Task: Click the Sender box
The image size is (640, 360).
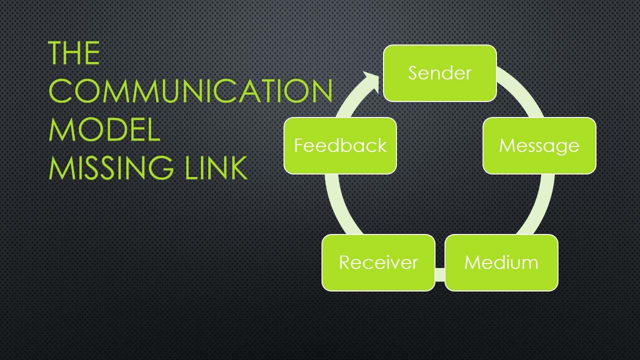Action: tap(439, 73)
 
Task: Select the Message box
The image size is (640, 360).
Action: tap(539, 145)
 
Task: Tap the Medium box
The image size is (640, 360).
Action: tap(501, 262)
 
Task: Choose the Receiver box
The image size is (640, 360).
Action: tap(378, 262)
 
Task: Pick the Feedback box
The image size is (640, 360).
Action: tap(340, 145)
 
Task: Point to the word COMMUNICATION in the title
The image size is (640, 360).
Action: tap(190, 91)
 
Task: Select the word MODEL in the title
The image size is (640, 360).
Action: tap(104, 129)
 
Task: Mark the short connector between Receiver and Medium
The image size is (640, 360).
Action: tap(440, 274)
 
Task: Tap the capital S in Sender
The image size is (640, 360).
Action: tap(413, 73)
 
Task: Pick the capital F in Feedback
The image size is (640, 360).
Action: tap(298, 145)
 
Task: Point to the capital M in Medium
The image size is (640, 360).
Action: tap(472, 262)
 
